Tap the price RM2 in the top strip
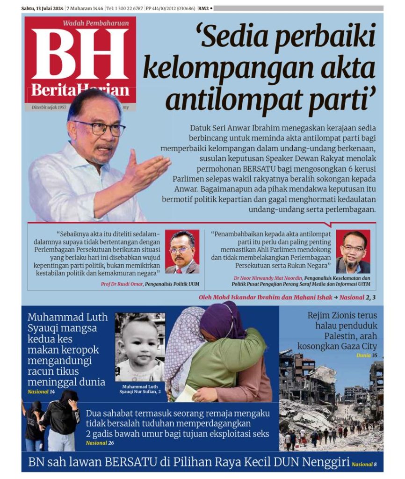pos(203,8)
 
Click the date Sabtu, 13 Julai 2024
pos(43,8)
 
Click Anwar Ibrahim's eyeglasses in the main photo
pos(99,128)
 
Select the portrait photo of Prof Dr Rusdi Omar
pos(182,252)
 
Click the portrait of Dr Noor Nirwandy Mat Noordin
pos(353,252)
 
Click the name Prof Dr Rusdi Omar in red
pos(122,284)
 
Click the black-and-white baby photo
pos(140,347)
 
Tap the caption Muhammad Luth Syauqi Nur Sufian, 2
pos(140,389)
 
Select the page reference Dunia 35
pos(366,356)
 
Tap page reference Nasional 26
pos(100,443)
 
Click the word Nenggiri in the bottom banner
pos(325,463)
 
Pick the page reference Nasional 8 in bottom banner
pos(364,464)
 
